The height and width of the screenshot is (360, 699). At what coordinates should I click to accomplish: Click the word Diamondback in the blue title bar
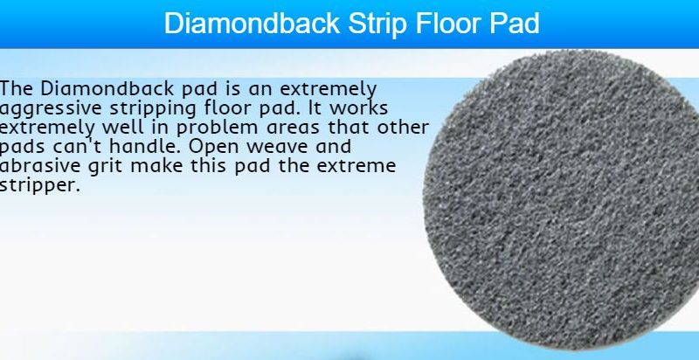(252, 24)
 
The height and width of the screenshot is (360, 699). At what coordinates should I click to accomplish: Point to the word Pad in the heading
(515, 24)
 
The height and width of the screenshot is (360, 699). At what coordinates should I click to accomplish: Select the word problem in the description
(218, 128)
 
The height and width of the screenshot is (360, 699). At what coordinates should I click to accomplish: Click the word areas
(294, 128)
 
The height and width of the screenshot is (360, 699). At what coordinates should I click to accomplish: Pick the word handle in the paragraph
(146, 146)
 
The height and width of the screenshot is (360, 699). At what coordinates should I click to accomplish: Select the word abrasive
(39, 165)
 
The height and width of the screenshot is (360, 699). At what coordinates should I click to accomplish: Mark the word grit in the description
(105, 167)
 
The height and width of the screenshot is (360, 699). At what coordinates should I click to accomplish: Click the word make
(156, 165)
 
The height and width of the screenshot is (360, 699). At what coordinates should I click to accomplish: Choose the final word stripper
(39, 186)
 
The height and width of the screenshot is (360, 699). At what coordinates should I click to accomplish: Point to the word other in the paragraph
(403, 127)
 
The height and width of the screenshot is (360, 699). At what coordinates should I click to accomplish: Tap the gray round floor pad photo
(561, 199)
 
